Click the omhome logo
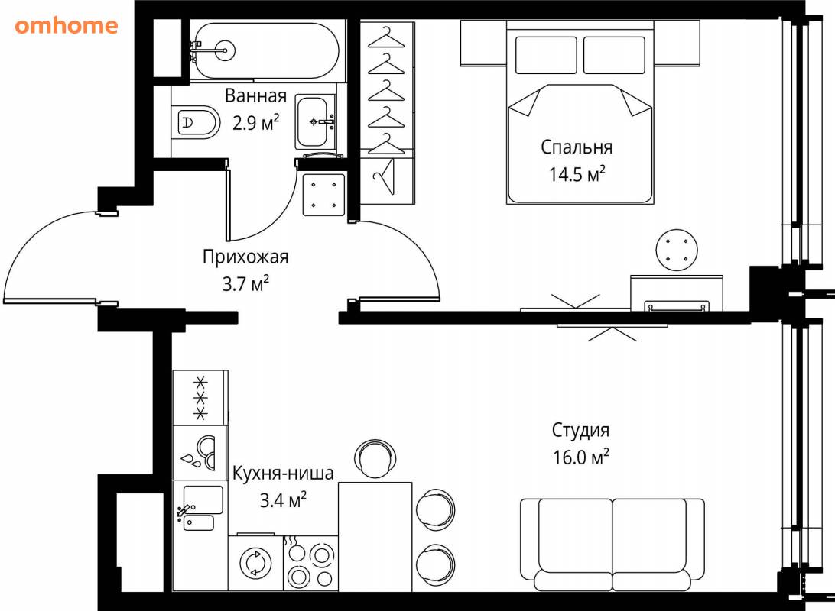point(67,25)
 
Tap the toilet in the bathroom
point(196,122)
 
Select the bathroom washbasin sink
point(315,122)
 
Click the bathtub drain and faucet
point(213,51)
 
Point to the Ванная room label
point(255,95)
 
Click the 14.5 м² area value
point(577,174)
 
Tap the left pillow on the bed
point(546,55)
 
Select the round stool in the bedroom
point(677,250)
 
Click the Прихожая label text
point(245,257)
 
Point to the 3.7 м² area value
point(245,283)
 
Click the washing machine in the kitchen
point(255,563)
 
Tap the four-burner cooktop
point(310,563)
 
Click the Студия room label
point(580,430)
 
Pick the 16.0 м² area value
point(580,457)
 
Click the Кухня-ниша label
point(283,473)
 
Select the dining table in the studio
point(375,537)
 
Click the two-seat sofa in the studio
point(612,545)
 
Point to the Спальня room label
point(577,147)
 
